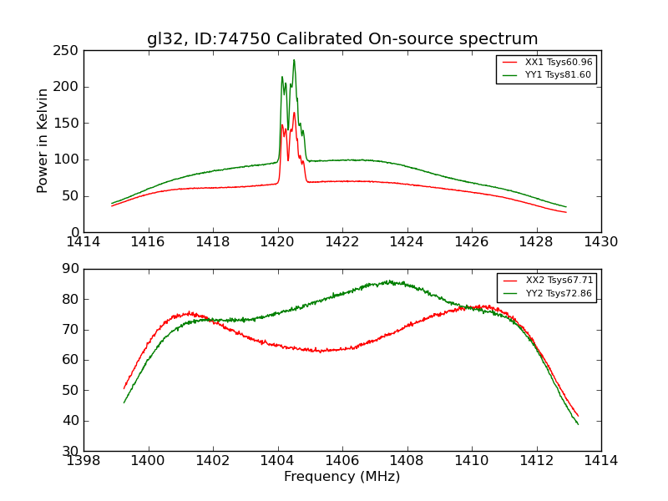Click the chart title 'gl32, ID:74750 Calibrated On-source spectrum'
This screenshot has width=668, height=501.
tap(342, 38)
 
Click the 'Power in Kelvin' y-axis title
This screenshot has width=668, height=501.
tap(43, 141)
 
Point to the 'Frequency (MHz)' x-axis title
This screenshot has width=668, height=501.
tap(342, 477)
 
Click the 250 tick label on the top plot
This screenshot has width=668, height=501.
tap(68, 51)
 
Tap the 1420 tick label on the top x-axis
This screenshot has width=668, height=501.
tap(278, 242)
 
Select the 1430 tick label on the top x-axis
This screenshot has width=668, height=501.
tap(601, 242)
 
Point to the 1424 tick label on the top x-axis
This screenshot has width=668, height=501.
tap(407, 242)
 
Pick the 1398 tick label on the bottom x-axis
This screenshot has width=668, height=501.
tap(84, 461)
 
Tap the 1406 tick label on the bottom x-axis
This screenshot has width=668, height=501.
tap(342, 461)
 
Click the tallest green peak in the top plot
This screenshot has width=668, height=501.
tap(294, 60)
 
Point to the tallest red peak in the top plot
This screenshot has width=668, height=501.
tap(294, 113)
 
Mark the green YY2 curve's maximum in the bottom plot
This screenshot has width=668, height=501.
tap(388, 281)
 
